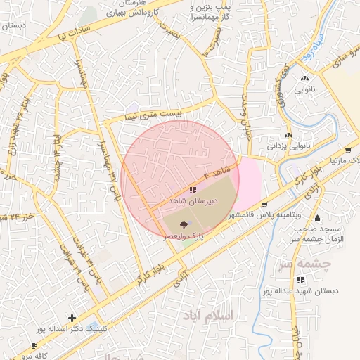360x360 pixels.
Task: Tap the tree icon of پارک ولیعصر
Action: coord(184,225)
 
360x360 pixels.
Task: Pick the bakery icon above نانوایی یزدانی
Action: coord(288,135)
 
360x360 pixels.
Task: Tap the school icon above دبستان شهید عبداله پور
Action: coord(301,280)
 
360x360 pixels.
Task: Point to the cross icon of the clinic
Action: coord(72,318)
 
